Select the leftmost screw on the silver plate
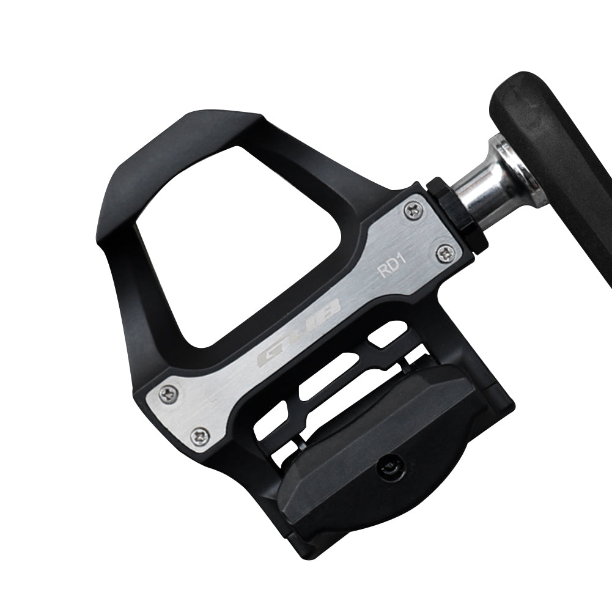point(169,394)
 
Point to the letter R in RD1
point(384,271)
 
